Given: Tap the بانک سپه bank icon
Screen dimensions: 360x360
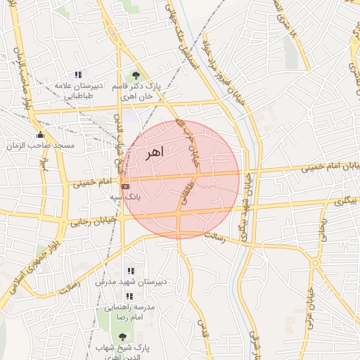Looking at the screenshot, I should [124, 187].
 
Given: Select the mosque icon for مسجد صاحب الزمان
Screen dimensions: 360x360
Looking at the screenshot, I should [39, 135].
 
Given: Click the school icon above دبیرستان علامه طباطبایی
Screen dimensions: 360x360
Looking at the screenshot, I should [78, 75].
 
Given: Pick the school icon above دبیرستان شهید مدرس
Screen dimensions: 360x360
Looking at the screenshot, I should [130, 271].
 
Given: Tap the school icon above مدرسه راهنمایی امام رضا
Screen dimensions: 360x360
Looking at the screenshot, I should [129, 297].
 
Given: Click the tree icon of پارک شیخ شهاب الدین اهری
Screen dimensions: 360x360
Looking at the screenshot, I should [124, 337].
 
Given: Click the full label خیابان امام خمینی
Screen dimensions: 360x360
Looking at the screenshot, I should [330, 167].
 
